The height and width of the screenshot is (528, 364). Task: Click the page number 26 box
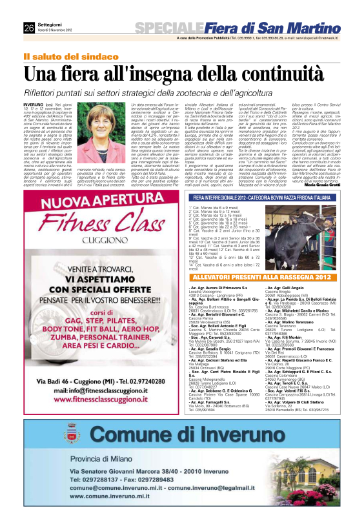point(28,27)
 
